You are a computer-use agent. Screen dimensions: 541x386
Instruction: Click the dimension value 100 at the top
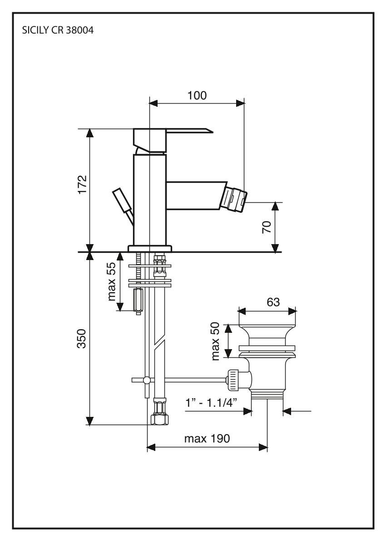point(196,95)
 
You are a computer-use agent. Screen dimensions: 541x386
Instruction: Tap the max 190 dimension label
point(207,439)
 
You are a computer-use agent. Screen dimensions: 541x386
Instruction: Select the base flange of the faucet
point(150,248)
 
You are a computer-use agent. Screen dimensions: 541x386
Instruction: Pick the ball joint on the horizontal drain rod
point(146,380)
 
